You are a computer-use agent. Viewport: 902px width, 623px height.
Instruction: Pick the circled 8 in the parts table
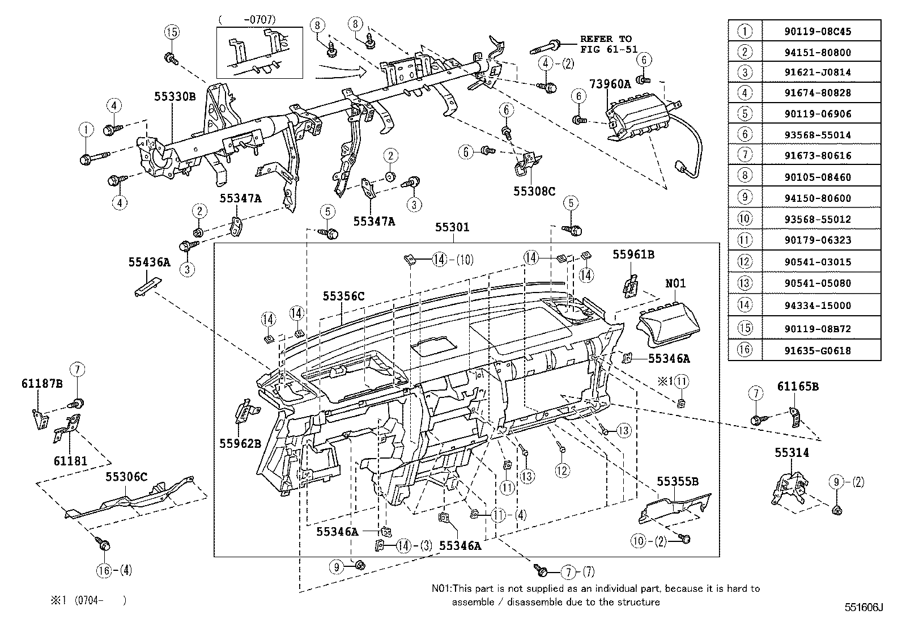(745, 177)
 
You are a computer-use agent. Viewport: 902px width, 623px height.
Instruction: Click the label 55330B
(175, 97)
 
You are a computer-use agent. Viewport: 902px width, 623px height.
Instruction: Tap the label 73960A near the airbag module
(610, 84)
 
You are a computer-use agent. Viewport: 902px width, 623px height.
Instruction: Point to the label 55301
(452, 227)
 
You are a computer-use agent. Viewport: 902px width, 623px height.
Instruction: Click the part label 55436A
(149, 262)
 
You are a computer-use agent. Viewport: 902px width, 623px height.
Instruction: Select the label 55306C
(126, 477)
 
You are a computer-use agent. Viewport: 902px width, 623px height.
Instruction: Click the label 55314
(792, 452)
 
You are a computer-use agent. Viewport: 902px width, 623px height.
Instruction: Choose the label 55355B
(678, 482)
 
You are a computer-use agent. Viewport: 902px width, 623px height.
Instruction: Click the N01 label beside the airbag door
(675, 283)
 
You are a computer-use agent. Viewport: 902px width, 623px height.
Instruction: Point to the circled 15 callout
(172, 32)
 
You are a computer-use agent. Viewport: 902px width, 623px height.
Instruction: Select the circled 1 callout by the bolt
(86, 130)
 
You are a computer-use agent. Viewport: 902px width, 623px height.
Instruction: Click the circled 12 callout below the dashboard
(562, 470)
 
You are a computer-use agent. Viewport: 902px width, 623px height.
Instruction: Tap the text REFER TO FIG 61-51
(606, 44)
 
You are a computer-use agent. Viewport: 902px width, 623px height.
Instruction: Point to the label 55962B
(240, 443)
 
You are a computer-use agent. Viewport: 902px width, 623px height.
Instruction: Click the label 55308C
(534, 191)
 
